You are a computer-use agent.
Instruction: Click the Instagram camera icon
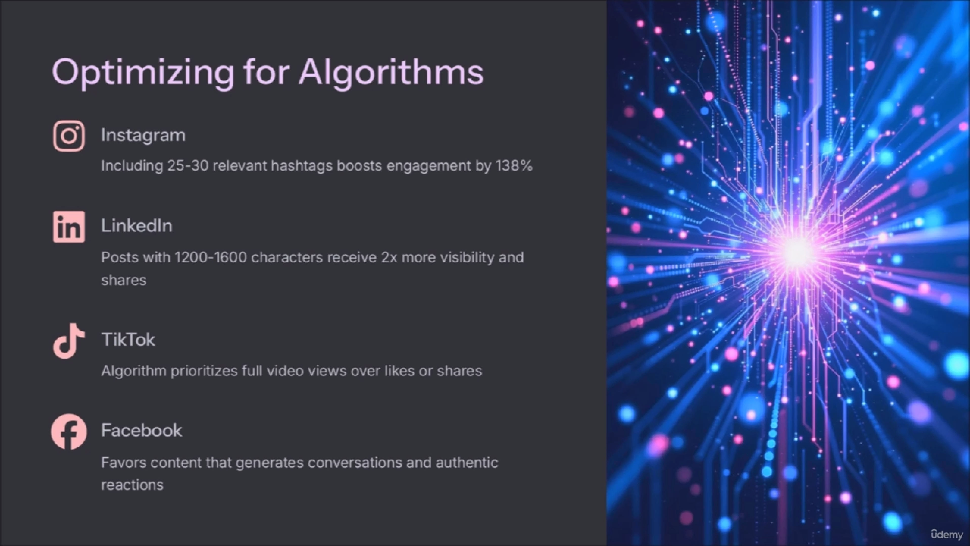click(x=69, y=136)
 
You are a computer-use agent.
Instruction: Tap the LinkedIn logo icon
click(x=69, y=226)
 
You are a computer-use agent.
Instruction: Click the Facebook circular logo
click(x=69, y=431)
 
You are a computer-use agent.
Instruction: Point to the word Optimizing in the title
click(x=143, y=73)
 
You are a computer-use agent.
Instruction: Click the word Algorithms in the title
click(x=391, y=73)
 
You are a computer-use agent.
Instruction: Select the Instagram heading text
click(x=143, y=135)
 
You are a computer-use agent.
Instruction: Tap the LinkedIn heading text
click(x=137, y=226)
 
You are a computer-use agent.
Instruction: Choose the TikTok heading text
click(x=128, y=339)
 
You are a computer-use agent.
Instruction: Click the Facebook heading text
click(x=141, y=430)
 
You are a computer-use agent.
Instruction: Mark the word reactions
click(x=132, y=485)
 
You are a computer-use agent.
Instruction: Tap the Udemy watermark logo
click(x=947, y=534)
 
